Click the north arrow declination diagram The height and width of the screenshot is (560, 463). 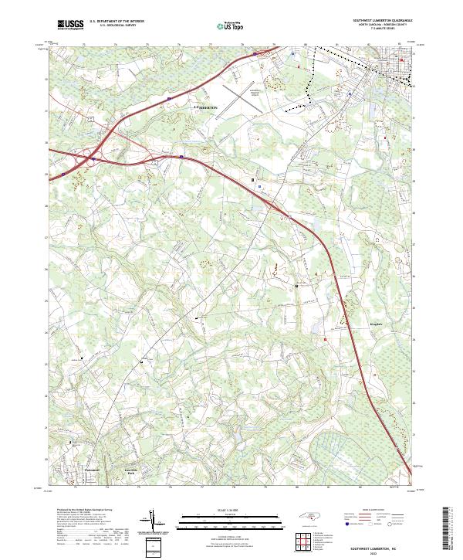(154, 522)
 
